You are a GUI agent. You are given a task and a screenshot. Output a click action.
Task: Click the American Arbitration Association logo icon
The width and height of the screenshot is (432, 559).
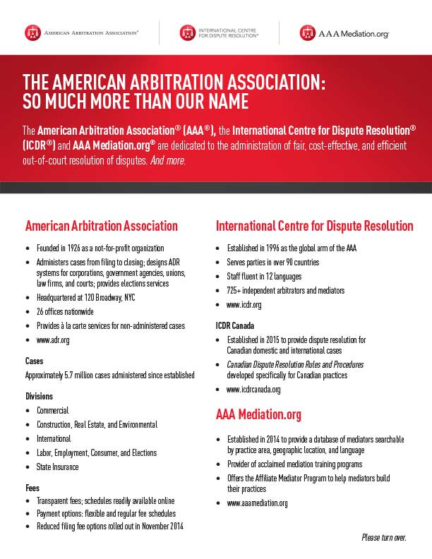(32, 32)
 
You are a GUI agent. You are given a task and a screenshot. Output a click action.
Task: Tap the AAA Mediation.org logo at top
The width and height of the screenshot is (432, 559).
(344, 33)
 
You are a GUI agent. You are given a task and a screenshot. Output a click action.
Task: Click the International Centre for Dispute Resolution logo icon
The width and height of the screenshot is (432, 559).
(187, 32)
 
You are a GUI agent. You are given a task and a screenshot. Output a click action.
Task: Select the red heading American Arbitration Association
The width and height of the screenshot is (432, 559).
(102, 227)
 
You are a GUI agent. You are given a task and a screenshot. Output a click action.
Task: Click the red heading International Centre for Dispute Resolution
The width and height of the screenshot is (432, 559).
(314, 227)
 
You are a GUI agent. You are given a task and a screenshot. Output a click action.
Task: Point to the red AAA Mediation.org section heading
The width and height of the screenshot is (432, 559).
(258, 414)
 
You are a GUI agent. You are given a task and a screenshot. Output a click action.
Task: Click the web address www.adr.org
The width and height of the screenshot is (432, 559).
(53, 340)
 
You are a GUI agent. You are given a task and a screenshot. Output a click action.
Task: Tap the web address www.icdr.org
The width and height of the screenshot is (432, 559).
(244, 305)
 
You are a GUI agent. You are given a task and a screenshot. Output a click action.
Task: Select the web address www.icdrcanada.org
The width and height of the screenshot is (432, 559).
(253, 390)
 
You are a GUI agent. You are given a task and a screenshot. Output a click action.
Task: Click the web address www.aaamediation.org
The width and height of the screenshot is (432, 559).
(257, 503)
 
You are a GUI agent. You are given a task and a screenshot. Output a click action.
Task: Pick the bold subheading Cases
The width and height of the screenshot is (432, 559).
(34, 361)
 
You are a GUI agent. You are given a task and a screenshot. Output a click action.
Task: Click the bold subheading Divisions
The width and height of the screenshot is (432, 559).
(40, 396)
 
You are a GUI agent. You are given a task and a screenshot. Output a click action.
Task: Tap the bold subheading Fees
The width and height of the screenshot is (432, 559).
(32, 488)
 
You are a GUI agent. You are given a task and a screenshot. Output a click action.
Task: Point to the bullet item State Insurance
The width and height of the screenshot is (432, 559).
(58, 467)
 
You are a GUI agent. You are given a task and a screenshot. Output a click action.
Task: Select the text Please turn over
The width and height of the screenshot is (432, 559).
(383, 538)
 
